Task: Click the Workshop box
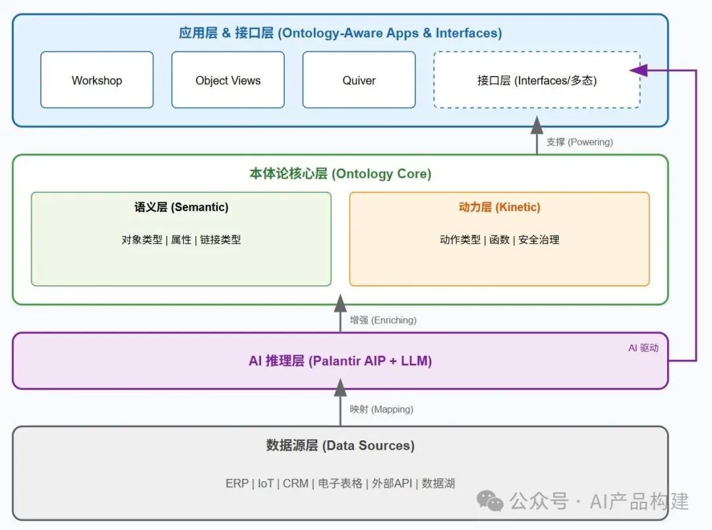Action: coord(97,80)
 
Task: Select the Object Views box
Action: coord(228,80)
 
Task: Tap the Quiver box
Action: coord(359,80)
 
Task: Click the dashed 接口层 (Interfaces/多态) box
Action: coord(537,80)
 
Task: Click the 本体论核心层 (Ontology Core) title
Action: coord(340,173)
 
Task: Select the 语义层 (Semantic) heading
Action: coord(181,207)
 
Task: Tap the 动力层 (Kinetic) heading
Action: coord(500,207)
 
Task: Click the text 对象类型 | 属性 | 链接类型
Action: coord(181,240)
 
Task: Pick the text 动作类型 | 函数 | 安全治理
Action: coord(500,240)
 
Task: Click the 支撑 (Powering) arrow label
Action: coord(579,142)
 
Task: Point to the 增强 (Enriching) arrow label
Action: coord(383,320)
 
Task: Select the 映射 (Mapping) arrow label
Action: coord(382,409)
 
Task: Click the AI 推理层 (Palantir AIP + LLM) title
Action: coord(340,361)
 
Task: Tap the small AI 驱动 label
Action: coord(643,348)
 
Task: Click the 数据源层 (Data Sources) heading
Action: coord(340,446)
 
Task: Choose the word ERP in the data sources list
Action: coord(237,483)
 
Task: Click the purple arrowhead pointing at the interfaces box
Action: coord(638,70)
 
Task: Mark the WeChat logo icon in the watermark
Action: coord(490,501)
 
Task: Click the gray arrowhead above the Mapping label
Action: coord(341,387)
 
